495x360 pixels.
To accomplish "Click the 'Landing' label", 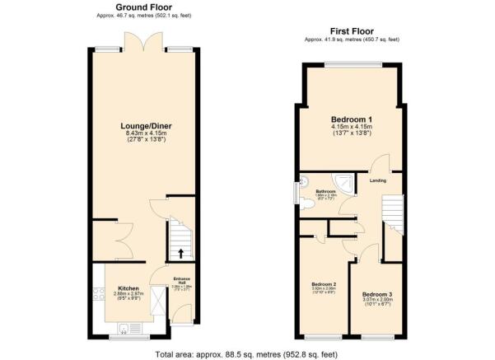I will tap(378, 180).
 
